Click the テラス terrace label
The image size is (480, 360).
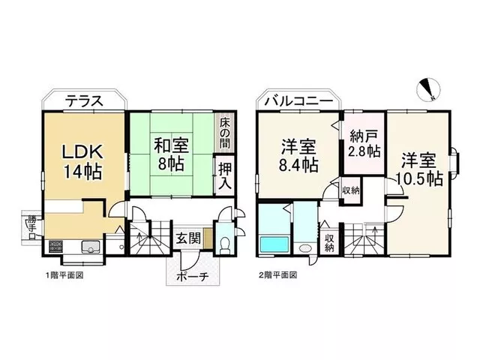click(x=84, y=100)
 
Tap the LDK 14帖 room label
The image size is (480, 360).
click(x=82, y=161)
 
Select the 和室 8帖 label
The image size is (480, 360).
click(x=171, y=154)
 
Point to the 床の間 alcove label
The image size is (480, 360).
click(x=225, y=133)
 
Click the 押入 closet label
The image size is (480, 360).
click(x=225, y=176)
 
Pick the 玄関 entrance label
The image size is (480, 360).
click(x=188, y=238)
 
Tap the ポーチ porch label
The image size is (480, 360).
click(x=193, y=277)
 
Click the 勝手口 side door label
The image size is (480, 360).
click(x=31, y=227)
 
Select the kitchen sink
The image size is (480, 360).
click(x=91, y=247)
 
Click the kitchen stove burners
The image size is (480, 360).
click(x=55, y=247)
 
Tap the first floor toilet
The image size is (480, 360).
click(x=225, y=246)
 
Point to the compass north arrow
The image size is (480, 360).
click(x=430, y=89)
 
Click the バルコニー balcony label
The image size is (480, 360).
click(x=298, y=101)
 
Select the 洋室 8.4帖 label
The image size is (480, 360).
click(x=298, y=155)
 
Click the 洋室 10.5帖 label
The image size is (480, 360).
click(x=419, y=169)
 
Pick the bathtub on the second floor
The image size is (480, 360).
click(x=274, y=244)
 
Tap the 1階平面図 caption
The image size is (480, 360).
click(x=64, y=275)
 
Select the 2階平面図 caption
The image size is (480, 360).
click(x=278, y=275)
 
